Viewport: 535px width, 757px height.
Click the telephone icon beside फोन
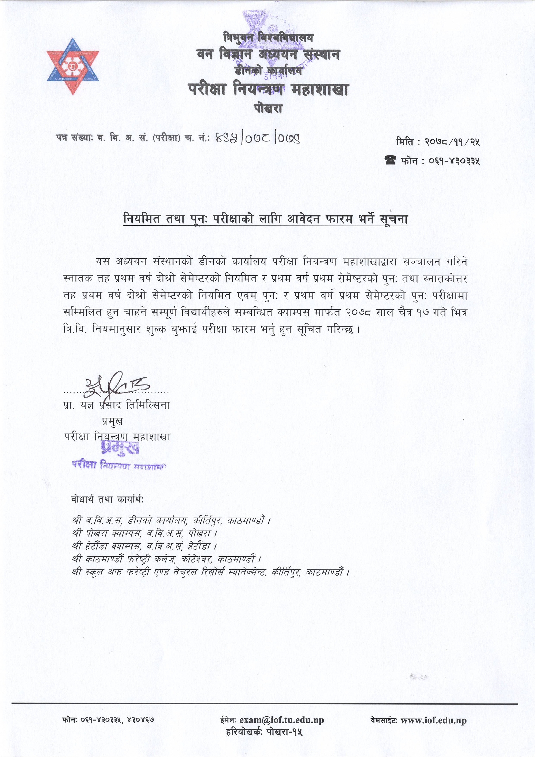click(x=390, y=160)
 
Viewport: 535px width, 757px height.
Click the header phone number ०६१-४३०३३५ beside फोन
click(x=454, y=161)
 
